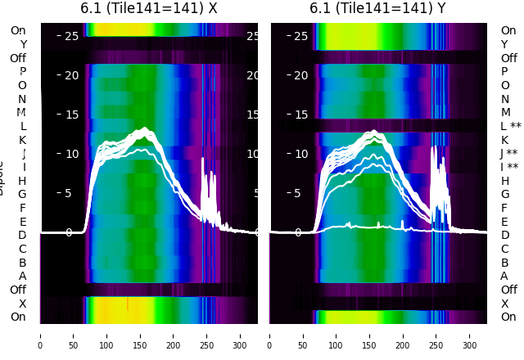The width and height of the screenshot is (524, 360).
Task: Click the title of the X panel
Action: click(149, 8)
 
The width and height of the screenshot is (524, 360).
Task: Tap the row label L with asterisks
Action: click(510, 126)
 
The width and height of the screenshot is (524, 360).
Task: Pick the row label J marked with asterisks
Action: click(509, 154)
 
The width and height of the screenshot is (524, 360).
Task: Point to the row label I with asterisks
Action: click(509, 167)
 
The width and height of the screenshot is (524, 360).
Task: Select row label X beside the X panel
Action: click(22, 304)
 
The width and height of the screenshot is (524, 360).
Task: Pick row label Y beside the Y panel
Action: click(504, 44)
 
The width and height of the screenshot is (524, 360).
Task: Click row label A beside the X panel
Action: click(22, 276)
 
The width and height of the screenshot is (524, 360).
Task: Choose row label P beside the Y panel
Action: click(504, 71)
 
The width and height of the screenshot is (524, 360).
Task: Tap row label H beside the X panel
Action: click(22, 181)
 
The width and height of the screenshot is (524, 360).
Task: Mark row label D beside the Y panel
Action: click(504, 236)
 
